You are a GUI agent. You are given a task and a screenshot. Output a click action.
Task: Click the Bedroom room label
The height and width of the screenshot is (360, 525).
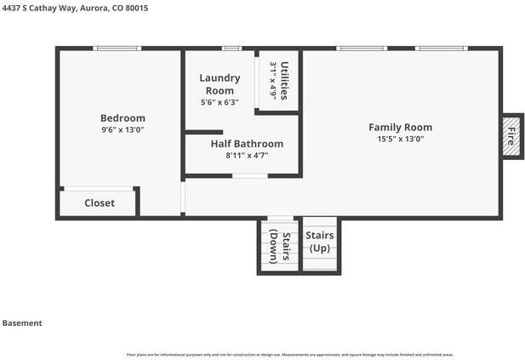(123, 118)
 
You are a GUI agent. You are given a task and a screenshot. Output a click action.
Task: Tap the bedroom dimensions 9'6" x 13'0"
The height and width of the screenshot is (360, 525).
(123, 130)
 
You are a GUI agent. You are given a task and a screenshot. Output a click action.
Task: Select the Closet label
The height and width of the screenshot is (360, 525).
(99, 203)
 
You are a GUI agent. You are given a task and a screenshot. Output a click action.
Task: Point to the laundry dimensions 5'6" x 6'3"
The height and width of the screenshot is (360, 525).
(220, 102)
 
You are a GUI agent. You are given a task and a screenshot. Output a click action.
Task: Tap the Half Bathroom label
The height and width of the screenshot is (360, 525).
(247, 144)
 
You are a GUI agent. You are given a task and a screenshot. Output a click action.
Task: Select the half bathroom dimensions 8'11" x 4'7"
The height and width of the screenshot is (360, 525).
(247, 156)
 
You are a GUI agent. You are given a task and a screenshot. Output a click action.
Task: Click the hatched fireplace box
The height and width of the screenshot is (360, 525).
(511, 136)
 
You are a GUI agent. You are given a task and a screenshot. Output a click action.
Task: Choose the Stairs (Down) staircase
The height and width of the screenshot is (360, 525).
(280, 247)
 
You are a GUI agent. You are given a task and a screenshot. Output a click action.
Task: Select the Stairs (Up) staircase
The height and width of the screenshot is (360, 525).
(321, 243)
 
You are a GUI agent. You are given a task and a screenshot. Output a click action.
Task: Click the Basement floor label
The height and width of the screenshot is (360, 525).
(22, 323)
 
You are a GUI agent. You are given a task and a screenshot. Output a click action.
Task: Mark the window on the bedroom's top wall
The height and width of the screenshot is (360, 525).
(117, 49)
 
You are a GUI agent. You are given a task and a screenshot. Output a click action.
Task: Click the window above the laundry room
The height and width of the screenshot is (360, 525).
(231, 49)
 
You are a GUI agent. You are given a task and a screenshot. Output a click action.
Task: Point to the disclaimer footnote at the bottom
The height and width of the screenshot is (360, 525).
(290, 354)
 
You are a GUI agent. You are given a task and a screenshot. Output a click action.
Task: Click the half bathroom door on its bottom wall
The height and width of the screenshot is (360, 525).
(250, 176)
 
